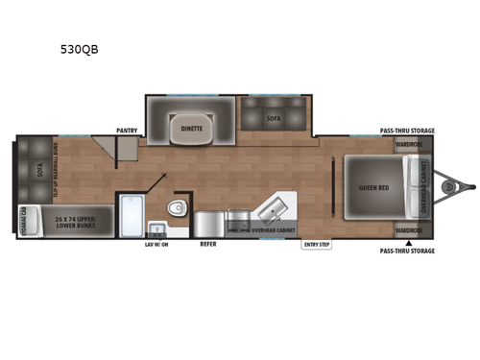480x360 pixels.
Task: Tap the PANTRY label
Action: click(128, 128)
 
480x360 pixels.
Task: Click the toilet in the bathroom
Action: click(175, 211)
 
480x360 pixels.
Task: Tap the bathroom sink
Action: click(156, 228)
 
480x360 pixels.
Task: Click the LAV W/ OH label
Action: click(156, 245)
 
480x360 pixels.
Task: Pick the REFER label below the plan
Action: click(207, 245)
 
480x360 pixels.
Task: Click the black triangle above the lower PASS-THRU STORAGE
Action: click(408, 243)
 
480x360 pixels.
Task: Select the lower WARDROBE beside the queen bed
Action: click(408, 230)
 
